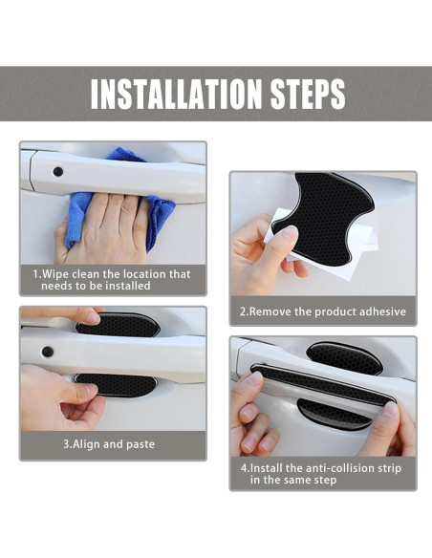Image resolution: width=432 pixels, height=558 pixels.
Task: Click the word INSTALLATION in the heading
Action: pyautogui.click(x=176, y=94)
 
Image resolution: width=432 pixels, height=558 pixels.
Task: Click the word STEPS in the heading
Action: pyautogui.click(x=308, y=94)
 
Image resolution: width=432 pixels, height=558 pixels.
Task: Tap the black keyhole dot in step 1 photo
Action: pyautogui.click(x=57, y=172)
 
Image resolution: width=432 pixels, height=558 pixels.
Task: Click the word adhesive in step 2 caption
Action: pyautogui.click(x=382, y=311)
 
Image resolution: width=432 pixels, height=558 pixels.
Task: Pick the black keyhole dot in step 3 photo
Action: pyautogui.click(x=48, y=352)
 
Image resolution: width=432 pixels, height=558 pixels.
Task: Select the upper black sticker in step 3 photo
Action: pyautogui.click(x=119, y=324)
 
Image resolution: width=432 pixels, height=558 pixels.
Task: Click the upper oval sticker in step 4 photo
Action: pyautogui.click(x=344, y=358)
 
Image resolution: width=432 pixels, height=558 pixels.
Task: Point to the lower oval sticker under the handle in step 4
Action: pyautogui.click(x=334, y=414)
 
